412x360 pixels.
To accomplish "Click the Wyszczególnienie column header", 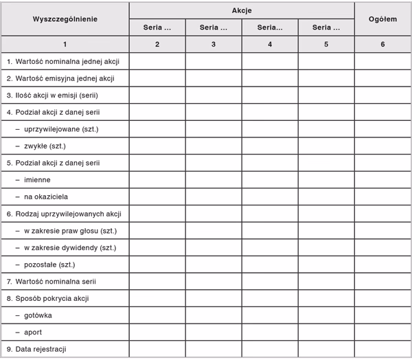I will point(65,19).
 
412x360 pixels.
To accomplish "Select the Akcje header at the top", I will point(242,11).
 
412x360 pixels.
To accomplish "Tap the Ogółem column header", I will point(382,19).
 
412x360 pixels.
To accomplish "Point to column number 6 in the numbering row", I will point(382,44).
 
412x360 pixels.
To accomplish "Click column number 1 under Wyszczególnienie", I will point(65,44).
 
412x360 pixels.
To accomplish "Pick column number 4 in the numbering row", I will point(270,44).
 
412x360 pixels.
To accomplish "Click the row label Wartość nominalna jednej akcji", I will point(63,61).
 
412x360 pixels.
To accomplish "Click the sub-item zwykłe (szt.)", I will point(45,146).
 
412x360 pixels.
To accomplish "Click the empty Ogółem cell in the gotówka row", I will point(382,315).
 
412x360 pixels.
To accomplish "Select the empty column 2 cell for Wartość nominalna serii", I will point(157,282).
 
